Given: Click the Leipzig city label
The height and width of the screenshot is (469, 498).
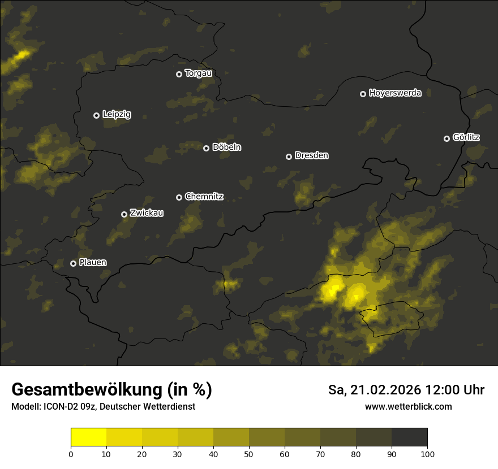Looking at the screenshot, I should [117, 115].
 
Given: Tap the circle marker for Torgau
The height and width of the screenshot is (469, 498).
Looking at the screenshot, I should [179, 74].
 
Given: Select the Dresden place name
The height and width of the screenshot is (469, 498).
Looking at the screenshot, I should [311, 155].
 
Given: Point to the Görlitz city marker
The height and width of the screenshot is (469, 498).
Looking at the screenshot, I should [447, 138].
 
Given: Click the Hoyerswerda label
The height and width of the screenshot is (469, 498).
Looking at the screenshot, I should [395, 93].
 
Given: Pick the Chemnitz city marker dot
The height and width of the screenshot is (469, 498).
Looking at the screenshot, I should [179, 197].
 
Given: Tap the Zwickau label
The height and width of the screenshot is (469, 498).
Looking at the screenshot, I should [147, 213].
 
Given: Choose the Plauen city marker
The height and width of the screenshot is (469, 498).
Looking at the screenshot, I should [73, 263].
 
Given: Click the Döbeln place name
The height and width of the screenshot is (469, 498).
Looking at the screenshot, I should [226, 147].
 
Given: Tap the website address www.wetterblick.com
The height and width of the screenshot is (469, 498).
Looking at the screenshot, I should [408, 406].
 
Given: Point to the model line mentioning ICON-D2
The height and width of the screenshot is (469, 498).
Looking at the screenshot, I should [103, 406].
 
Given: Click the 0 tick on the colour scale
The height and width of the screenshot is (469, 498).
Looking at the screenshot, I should [71, 454].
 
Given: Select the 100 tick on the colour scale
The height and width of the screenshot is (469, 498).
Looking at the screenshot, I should [427, 454].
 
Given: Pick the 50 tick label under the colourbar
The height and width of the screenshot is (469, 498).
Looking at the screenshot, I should [249, 454].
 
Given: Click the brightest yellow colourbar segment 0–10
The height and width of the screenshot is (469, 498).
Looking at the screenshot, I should [88, 437].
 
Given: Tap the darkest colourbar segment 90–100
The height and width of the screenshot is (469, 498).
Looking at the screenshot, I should [409, 437].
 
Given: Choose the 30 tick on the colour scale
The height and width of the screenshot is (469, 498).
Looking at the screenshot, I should [178, 454].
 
